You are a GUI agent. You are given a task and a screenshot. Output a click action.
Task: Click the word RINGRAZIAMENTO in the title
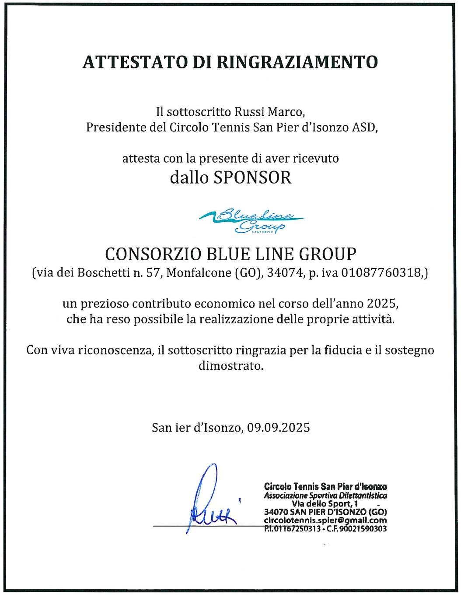[297, 62]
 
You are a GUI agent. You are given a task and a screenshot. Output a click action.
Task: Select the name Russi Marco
[269, 112]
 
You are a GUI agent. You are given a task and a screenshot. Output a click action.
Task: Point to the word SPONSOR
[252, 177]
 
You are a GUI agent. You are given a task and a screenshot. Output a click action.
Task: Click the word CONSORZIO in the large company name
[153, 254]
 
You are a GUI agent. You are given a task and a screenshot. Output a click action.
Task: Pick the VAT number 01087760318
[381, 273]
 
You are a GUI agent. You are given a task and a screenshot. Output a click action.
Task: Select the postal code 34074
[285, 273]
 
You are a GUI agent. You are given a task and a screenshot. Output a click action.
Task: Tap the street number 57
[153, 273]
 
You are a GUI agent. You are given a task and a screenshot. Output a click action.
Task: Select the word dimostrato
[230, 366]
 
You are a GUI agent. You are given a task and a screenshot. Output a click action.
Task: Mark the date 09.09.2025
[278, 428]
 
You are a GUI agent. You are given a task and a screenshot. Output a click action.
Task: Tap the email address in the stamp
[325, 520]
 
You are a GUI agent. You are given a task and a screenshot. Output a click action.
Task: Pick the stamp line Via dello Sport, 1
[325, 504]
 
